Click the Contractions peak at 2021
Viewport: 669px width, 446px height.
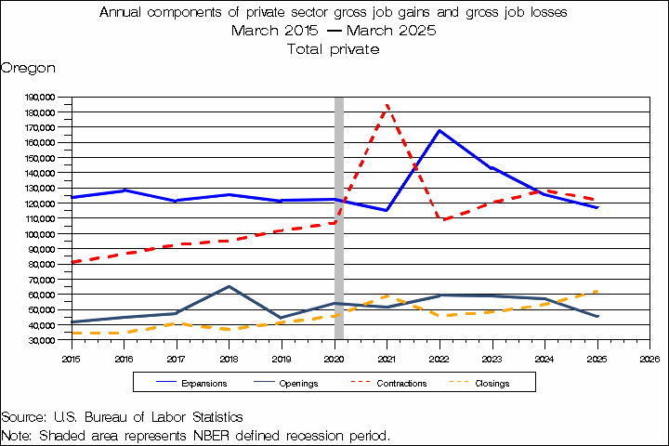coord(387,105)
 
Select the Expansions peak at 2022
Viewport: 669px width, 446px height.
coord(439,131)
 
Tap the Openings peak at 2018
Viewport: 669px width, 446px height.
coord(230,286)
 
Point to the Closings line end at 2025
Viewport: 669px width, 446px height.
coord(597,291)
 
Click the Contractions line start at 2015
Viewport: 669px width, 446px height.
coord(72,262)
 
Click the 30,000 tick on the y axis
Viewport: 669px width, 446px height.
coord(41,340)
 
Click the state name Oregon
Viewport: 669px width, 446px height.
coord(28,68)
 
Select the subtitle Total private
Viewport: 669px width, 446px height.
coord(334,48)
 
